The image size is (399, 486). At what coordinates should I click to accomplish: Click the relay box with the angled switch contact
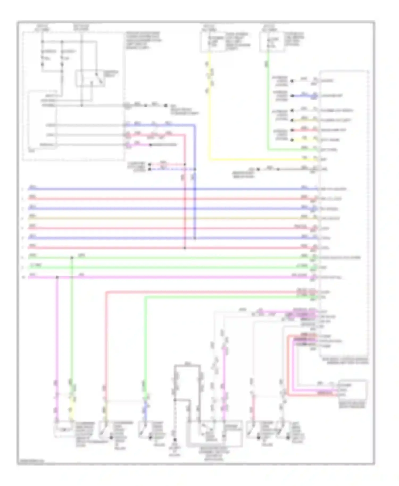[90, 78]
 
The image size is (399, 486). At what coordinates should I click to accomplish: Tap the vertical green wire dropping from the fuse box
[268, 106]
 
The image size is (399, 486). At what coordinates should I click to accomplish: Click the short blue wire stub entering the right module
[303, 95]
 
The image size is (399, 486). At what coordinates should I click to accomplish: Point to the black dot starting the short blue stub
[292, 95]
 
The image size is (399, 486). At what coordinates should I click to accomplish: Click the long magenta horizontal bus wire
[170, 277]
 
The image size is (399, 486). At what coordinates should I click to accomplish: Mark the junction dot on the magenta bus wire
[57, 277]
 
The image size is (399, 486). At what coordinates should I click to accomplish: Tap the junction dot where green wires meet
[72, 258]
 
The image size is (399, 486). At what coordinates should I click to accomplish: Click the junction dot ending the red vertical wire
[185, 248]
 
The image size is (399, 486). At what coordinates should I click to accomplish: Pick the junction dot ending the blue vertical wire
[195, 238]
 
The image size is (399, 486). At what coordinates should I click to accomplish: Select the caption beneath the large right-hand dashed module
[345, 361]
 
